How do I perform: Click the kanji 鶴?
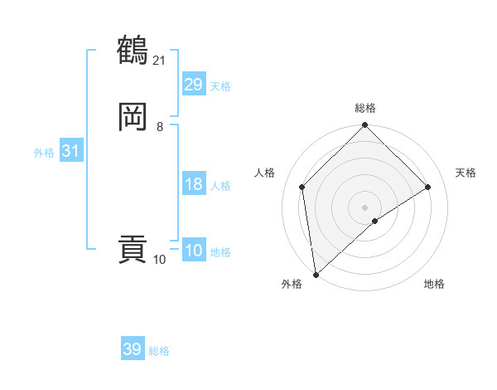coord(133,50)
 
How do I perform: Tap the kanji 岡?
coord(133,117)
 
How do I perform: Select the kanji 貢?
coord(133,250)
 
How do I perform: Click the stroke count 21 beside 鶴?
coord(160,60)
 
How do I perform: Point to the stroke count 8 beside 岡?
coord(160,127)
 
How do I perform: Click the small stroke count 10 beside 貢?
coord(160,260)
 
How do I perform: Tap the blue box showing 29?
coord(194,84)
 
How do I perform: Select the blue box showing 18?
coord(194,184)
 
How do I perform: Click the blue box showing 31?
coord(71,151)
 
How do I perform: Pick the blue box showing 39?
coord(133,349)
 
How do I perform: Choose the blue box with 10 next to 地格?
coord(194,251)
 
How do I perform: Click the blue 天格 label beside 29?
coord(220,86)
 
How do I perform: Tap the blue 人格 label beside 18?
coord(220,186)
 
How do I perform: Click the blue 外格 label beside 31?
coord(44,153)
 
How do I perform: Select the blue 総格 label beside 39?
coord(159,351)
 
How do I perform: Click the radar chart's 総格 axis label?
coord(365,108)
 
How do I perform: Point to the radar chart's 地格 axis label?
coord(434,284)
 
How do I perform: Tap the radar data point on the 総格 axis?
coord(364,126)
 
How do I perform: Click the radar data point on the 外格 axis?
coord(316,275)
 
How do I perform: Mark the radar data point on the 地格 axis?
coord(375,221)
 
